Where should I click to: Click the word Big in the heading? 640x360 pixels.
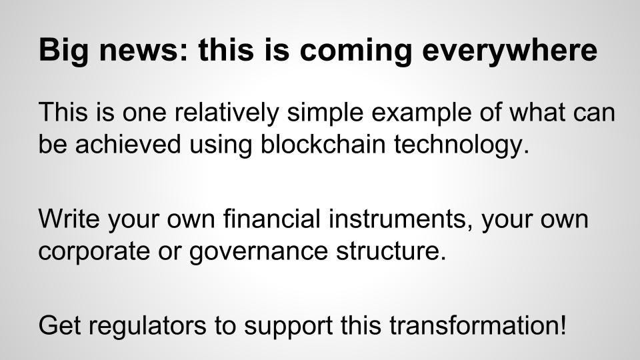click(x=63, y=51)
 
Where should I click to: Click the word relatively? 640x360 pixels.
click(x=227, y=112)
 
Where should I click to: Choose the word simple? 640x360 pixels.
click(x=325, y=113)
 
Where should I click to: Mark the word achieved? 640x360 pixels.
click(x=128, y=144)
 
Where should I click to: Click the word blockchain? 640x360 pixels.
click(x=323, y=144)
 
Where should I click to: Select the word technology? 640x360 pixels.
click(x=458, y=145)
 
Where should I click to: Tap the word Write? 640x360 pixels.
click(x=69, y=219)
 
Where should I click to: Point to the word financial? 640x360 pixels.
click(x=271, y=219)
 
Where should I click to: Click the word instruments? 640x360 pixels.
click(x=397, y=219)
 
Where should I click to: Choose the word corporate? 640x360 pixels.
click(x=94, y=251)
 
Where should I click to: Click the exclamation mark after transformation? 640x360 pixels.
click(x=563, y=325)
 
